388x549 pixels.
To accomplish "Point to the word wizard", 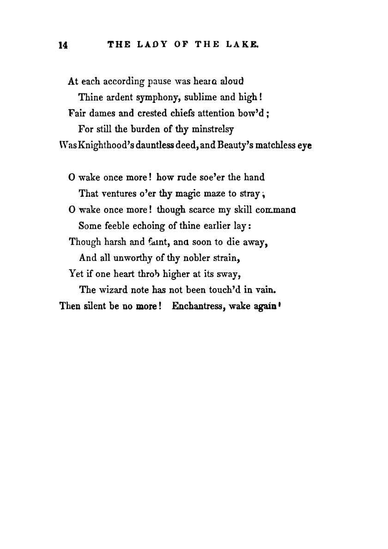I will pyautogui.click(x=113, y=290).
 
